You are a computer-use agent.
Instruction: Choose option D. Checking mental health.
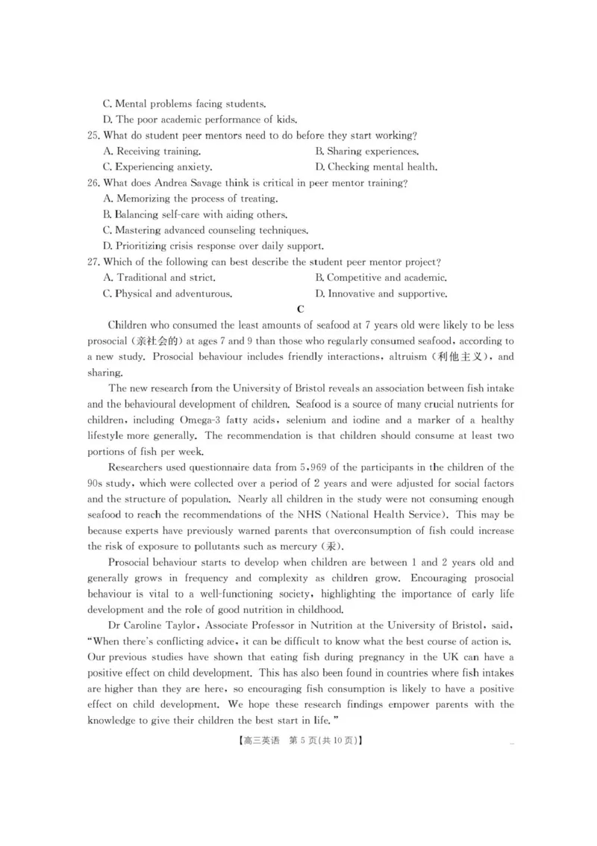point(376,167)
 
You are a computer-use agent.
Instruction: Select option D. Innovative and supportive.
point(381,293)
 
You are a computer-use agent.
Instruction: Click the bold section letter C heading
point(300,309)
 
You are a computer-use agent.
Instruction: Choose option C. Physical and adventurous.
point(167,293)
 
